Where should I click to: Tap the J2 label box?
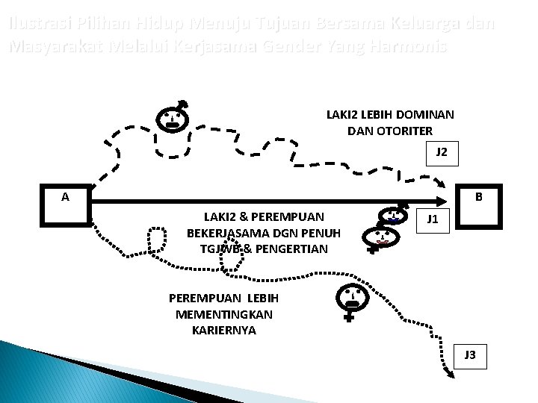coord(442,152)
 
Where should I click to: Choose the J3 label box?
coord(470,354)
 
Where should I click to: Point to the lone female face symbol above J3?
coord(351,299)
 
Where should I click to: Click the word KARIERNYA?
coord(224,329)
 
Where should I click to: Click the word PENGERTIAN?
coord(291,247)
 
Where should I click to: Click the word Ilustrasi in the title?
coord(34,24)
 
